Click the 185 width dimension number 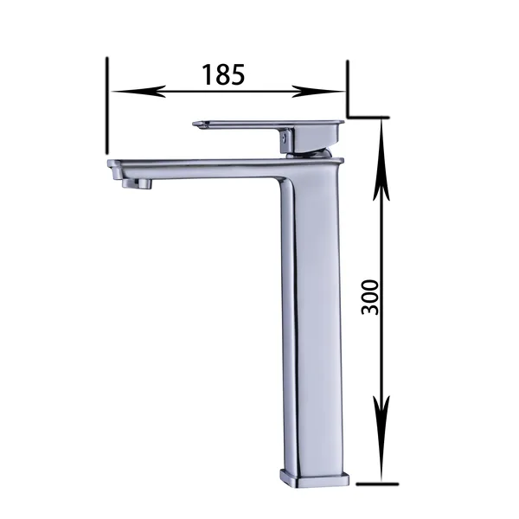click(224, 74)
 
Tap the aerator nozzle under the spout click(141, 183)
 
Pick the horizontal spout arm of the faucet click(199, 165)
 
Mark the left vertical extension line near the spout click(107, 104)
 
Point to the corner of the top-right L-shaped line click(348, 114)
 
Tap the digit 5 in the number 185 click(239, 74)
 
